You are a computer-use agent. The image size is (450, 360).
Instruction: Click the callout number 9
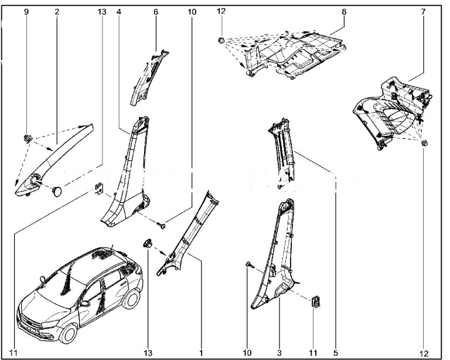pos(26,12)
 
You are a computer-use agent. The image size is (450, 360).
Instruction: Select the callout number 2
pos(56,12)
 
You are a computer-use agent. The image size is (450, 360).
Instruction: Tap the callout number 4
pos(119,12)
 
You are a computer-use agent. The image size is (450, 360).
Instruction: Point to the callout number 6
pos(155,12)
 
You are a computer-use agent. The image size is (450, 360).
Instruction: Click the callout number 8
pos(344,12)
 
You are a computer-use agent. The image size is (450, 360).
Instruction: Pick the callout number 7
pos(423,12)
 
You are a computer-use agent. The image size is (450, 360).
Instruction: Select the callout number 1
pos(201,352)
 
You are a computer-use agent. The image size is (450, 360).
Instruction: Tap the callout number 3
pos(279,352)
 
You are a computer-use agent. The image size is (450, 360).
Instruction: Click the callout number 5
pos(336,352)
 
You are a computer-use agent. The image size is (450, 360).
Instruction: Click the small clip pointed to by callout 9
pos(28,138)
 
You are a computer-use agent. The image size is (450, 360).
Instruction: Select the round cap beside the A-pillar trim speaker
pos(57,192)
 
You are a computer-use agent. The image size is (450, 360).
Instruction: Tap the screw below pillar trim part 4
pos(162,226)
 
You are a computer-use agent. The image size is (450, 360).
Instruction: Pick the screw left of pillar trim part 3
pos(249,265)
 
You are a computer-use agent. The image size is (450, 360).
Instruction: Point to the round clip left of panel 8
pos(221,40)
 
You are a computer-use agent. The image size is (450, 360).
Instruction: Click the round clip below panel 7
pos(424,142)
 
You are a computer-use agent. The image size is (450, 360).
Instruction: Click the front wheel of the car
pos(69,334)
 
